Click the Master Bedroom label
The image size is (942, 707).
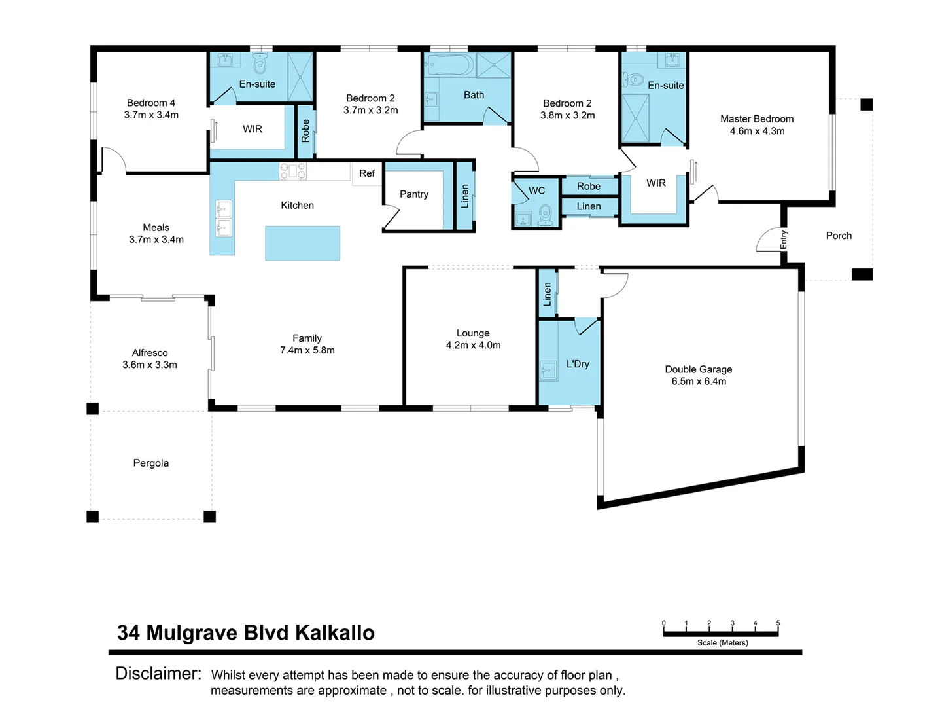(757, 119)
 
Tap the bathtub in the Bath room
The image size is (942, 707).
(449, 65)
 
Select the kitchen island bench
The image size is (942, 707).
(302, 243)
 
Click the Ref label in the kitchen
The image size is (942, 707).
(367, 173)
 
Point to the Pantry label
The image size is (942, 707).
(414, 194)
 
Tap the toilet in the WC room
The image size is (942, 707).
(546, 213)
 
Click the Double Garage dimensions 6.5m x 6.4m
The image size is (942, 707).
(699, 382)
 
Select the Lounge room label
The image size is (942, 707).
(473, 333)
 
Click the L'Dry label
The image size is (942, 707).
(578, 364)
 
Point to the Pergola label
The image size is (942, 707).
(151, 463)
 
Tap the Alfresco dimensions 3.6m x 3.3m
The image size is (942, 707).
(150, 365)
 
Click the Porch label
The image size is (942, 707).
(839, 236)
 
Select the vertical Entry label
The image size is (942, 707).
(784, 240)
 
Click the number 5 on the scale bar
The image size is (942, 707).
(778, 623)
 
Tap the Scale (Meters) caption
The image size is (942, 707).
(722, 643)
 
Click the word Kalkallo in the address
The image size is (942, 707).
(334, 633)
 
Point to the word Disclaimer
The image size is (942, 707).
(158, 674)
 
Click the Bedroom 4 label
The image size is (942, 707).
(151, 103)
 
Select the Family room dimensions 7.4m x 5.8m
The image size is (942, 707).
(307, 351)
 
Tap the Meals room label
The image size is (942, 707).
(156, 228)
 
